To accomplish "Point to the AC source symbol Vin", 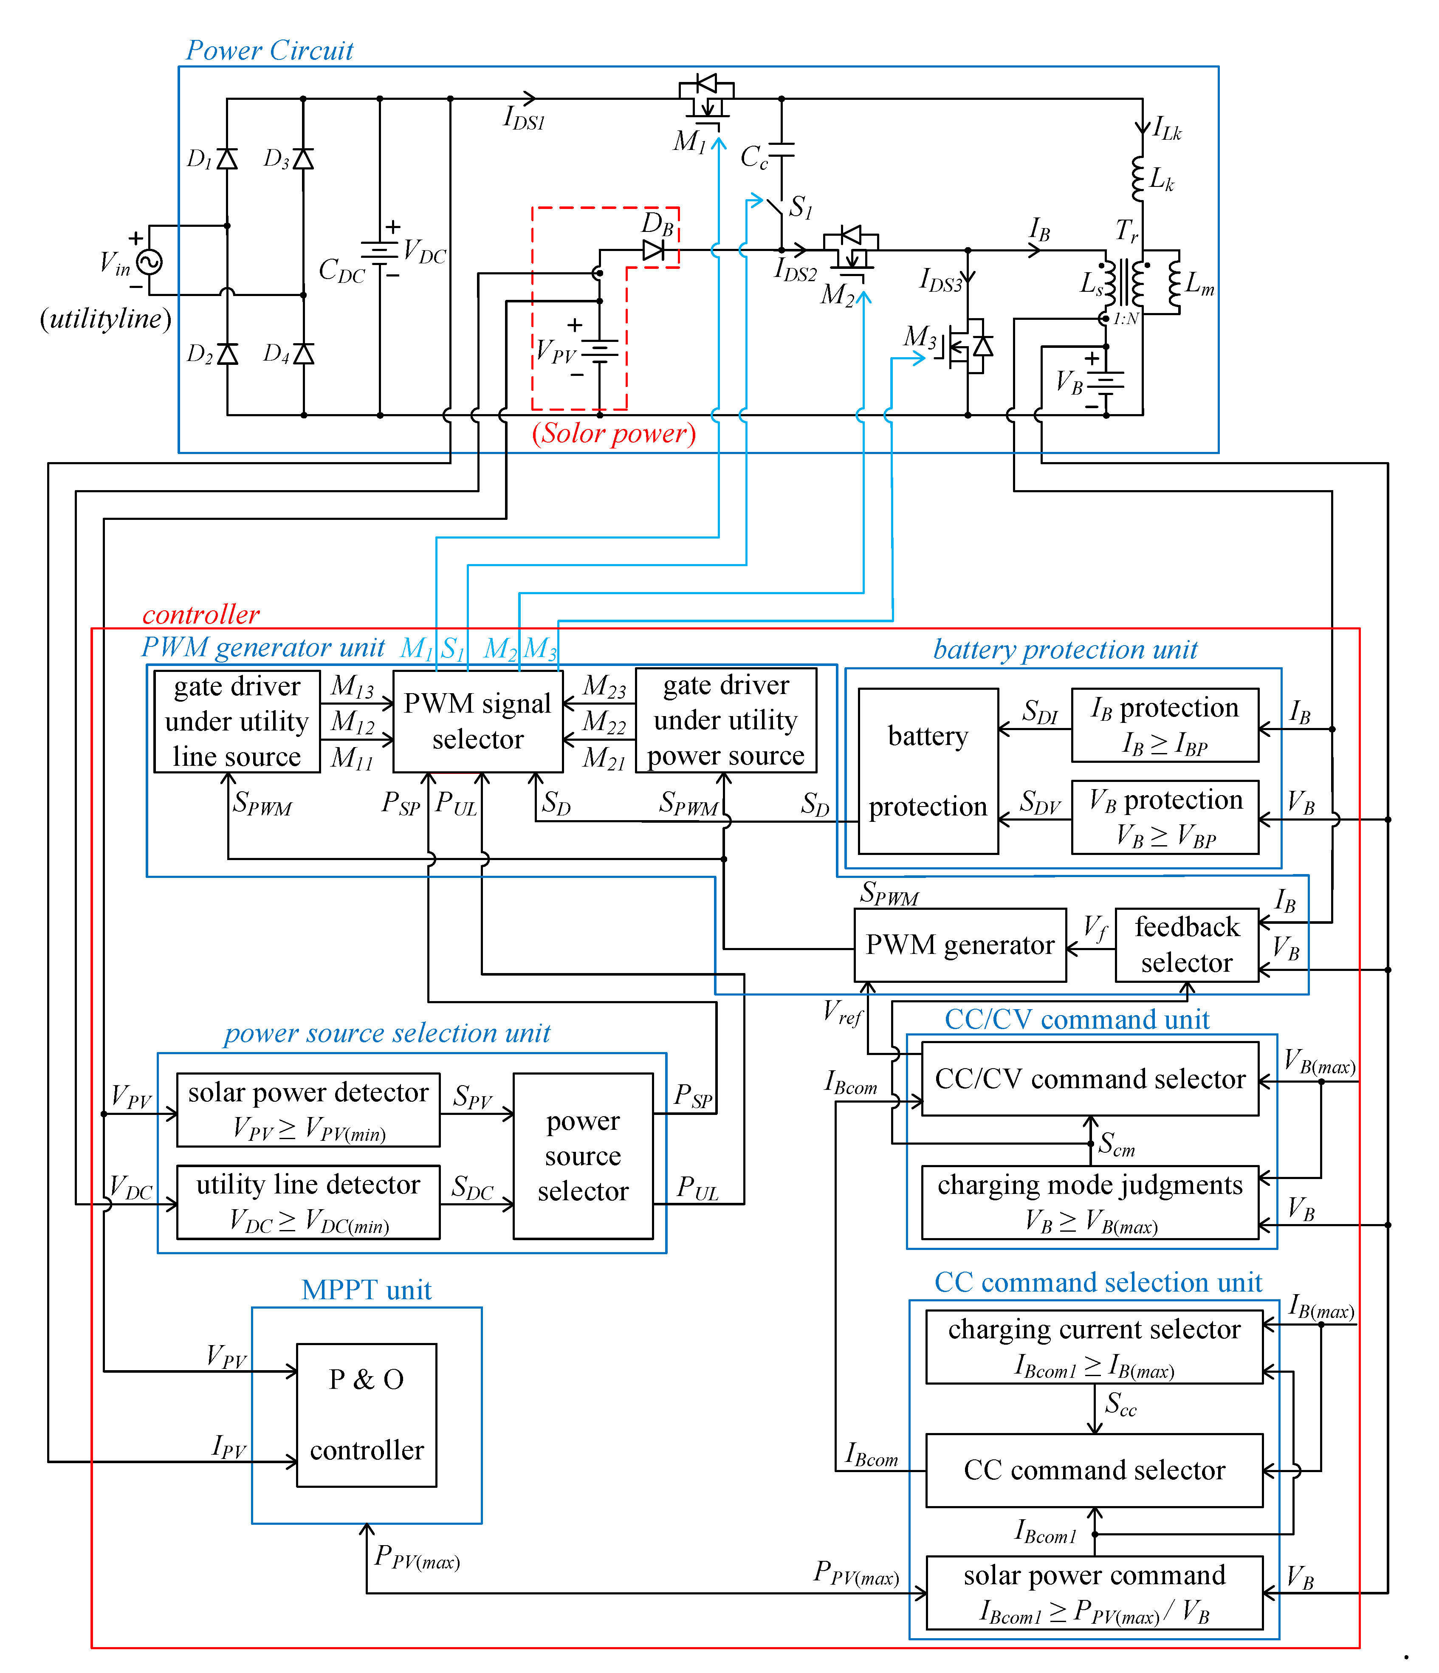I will tap(150, 262).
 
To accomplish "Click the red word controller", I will tap(201, 615).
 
